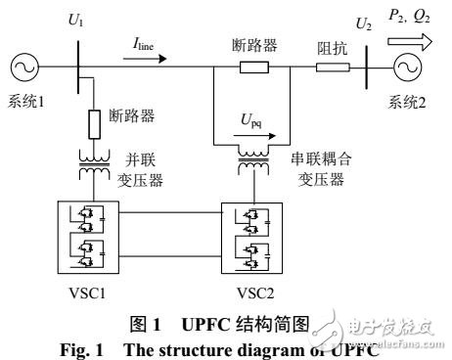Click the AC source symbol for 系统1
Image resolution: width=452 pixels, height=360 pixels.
coord(22,68)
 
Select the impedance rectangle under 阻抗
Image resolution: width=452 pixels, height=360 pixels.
coord(333,68)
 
